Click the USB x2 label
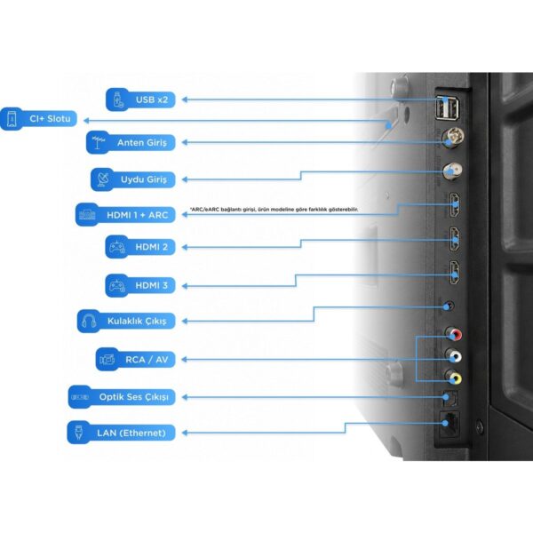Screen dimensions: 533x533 point(140,99)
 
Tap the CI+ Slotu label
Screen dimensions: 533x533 point(38,119)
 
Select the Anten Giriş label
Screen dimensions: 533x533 point(131,142)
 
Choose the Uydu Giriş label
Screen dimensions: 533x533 point(133,179)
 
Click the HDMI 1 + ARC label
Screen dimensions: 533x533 point(125,214)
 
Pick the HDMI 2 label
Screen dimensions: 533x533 point(140,247)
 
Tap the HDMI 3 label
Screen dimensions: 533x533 point(140,285)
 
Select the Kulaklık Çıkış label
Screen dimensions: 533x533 point(126,321)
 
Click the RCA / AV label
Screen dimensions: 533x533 point(136,359)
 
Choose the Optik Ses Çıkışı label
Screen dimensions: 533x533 point(122,397)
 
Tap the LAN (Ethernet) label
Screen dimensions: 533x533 point(121,433)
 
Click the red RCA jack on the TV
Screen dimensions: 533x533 point(453,334)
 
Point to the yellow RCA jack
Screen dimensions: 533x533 point(453,377)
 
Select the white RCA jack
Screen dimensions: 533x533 point(453,355)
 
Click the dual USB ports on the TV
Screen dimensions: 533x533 point(448,107)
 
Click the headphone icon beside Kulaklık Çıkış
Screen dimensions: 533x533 point(89,321)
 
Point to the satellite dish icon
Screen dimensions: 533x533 point(103,179)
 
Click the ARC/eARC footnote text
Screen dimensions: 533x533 point(274,210)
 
